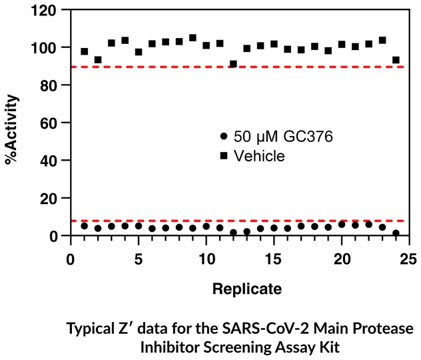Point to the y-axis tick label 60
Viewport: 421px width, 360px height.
pyautogui.click(x=51, y=123)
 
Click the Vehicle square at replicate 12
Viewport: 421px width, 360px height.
pyautogui.click(x=233, y=65)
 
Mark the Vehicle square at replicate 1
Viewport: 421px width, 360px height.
pyautogui.click(x=85, y=51)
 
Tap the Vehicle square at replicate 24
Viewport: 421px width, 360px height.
pyautogui.click(x=396, y=60)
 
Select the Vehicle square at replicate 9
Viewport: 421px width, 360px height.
pyautogui.click(x=193, y=38)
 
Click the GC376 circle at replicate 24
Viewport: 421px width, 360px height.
pyautogui.click(x=396, y=233)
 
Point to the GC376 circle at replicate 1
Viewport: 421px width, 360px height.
pyautogui.click(x=85, y=226)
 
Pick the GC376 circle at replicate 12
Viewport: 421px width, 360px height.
pyautogui.click(x=233, y=233)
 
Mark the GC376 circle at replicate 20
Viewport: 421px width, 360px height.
pyautogui.click(x=342, y=225)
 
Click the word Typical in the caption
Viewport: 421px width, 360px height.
pyautogui.click(x=89, y=330)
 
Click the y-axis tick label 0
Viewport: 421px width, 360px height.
pyautogui.click(x=55, y=236)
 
